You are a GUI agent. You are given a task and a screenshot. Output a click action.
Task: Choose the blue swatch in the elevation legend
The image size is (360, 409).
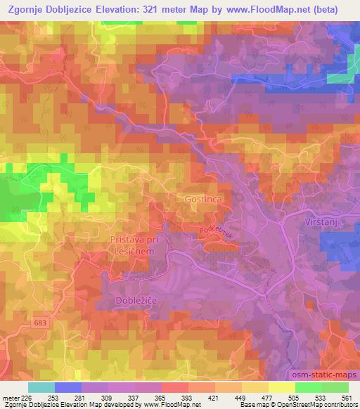[x=68, y=387]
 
